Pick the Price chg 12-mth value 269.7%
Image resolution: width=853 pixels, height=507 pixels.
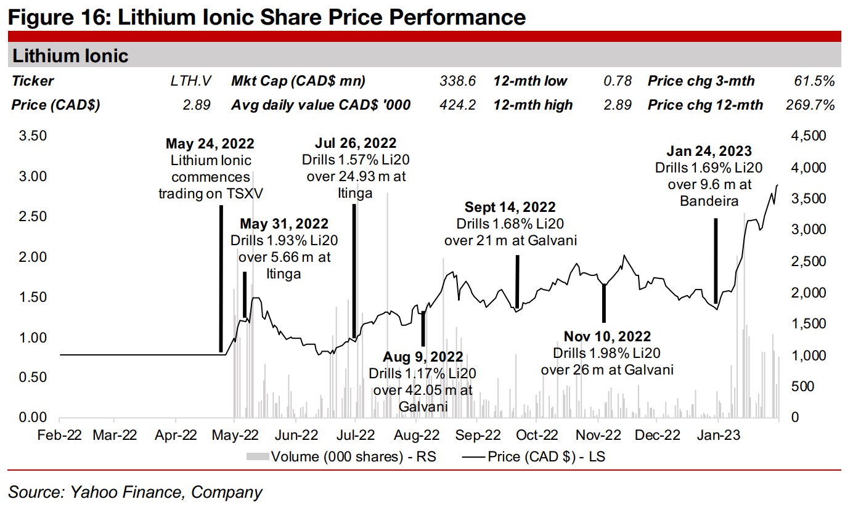point(809,105)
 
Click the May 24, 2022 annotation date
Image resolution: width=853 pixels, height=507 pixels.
point(210,144)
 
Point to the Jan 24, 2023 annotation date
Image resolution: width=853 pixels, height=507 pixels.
point(709,151)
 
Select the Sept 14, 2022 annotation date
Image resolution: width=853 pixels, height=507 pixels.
point(510,207)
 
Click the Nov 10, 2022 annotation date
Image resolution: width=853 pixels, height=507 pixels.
point(607,336)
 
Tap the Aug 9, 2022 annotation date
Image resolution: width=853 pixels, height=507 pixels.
point(422,357)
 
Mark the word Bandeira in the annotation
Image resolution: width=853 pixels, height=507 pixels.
point(709,200)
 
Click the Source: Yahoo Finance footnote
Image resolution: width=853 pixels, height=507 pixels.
point(135,492)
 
